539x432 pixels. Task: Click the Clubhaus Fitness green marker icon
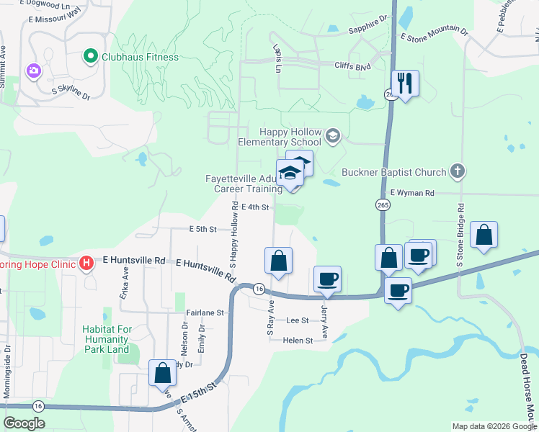click(90, 55)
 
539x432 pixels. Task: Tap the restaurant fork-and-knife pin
click(405, 84)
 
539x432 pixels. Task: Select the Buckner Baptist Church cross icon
click(456, 172)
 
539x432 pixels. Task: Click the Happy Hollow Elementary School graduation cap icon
click(332, 135)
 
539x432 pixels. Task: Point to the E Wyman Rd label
click(412, 193)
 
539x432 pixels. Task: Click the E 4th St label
click(255, 207)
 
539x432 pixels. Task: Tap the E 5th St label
click(202, 229)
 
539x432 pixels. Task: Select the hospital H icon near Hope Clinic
click(86, 263)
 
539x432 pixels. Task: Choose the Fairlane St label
click(205, 313)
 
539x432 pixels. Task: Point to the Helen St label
click(298, 340)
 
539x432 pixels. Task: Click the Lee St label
click(297, 320)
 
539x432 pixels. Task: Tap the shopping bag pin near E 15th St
click(162, 373)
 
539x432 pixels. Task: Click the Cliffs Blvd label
click(352, 65)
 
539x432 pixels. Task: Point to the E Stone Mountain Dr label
click(434, 34)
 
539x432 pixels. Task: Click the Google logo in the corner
click(24, 423)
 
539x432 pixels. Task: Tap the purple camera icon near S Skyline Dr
click(32, 71)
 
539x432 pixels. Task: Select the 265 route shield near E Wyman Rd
click(382, 205)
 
